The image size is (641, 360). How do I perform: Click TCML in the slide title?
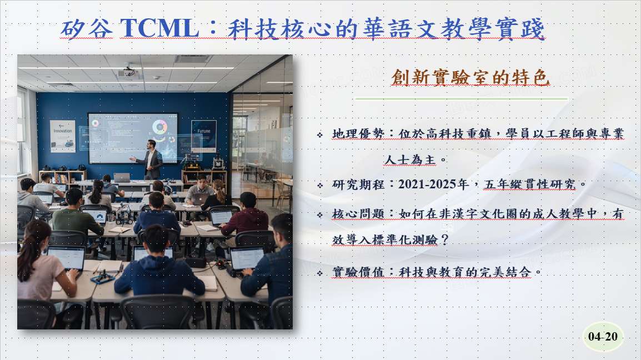(x=159, y=28)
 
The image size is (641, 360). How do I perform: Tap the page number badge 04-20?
(x=603, y=337)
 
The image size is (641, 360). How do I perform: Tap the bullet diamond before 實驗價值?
(x=319, y=273)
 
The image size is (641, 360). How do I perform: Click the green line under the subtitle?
(x=461, y=99)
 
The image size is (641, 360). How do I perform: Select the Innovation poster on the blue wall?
(x=63, y=136)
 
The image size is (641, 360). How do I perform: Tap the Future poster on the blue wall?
(x=203, y=136)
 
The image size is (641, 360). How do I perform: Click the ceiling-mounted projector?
(x=129, y=72)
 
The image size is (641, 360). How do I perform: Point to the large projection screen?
(x=133, y=137)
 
